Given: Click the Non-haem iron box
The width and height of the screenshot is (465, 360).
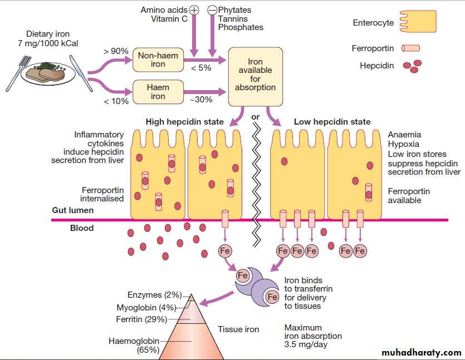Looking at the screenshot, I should pos(158,60).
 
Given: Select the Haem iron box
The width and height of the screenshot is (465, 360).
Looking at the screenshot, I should pos(158,92).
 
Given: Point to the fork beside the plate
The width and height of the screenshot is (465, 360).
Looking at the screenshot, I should pos(17,72).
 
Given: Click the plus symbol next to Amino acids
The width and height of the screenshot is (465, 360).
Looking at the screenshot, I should pos(194,10).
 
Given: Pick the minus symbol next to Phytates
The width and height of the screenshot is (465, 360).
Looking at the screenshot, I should pos(212,10).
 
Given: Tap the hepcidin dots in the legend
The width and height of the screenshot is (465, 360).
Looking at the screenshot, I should pos(413,66).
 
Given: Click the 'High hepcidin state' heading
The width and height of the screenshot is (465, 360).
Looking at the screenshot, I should pos(185,122).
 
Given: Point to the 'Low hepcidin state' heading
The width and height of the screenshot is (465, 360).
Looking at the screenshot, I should pos(332,122).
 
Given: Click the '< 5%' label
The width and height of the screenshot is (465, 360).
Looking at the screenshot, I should pos(201,68).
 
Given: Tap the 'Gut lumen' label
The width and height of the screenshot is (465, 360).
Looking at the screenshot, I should pos(73,210).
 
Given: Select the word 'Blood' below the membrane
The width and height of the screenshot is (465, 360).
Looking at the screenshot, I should pos(82,228).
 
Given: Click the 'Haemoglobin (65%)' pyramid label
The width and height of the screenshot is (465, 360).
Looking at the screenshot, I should pos(134,346).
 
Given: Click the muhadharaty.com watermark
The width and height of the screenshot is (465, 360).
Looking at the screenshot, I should pos(422,353).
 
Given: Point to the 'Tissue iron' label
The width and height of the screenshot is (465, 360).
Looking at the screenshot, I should pos(238,329).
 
